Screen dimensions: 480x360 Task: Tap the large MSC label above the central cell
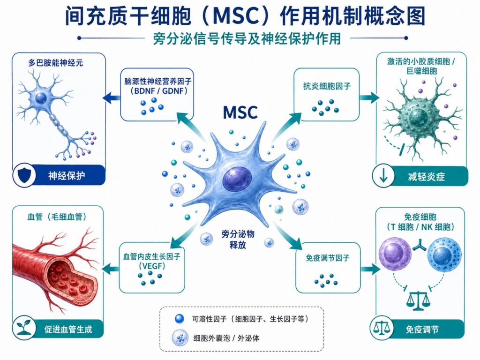tap(240, 112)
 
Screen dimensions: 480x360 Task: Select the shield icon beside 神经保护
tap(24, 175)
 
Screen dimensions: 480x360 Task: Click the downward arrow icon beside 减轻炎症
tap(383, 177)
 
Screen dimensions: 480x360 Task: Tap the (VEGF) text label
tap(152, 266)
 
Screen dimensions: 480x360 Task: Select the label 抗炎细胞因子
tap(327, 86)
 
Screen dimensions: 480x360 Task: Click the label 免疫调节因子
tap(327, 258)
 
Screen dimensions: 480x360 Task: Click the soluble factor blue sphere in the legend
tap(179, 319)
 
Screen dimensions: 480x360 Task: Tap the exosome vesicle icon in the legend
tap(180, 337)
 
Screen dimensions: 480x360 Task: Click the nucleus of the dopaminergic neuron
tap(41, 98)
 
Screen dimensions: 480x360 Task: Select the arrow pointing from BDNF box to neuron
tap(112, 98)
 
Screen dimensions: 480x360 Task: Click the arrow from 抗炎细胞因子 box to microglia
tap(369, 97)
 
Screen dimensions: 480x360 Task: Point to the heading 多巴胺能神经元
tap(55, 63)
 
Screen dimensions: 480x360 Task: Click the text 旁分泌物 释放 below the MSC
tap(238, 240)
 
